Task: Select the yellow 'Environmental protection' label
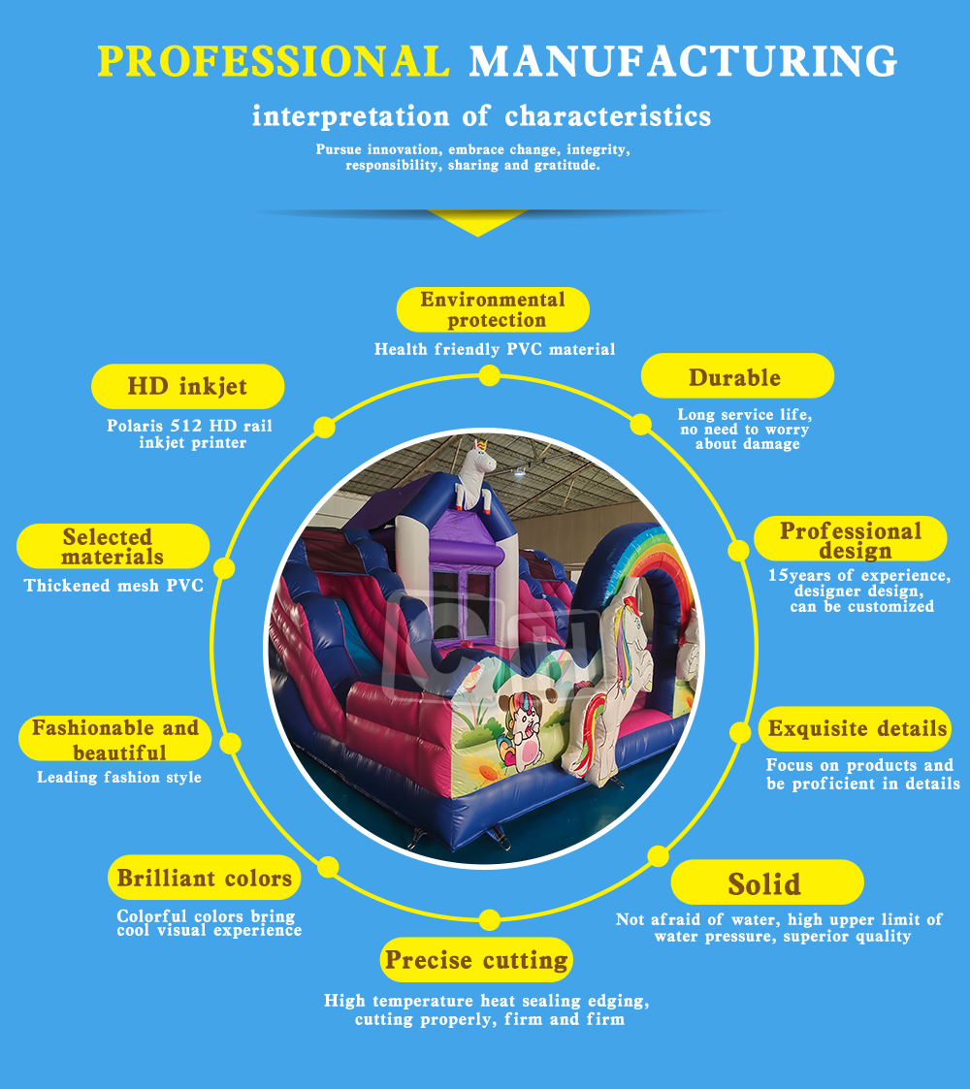coord(493,309)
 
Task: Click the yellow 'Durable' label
coord(736,377)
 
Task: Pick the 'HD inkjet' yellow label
coord(187,387)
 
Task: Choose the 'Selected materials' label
coord(113,547)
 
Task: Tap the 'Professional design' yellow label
coord(850,540)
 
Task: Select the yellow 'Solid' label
coord(765,883)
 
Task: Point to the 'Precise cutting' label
coord(476,960)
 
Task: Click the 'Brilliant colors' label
coord(205,879)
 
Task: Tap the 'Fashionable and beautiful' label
coord(114,740)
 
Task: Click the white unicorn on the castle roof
coord(475,472)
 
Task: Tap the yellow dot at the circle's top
coord(490,375)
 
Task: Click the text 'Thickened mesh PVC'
coord(113,586)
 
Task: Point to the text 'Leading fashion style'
coord(119,777)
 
